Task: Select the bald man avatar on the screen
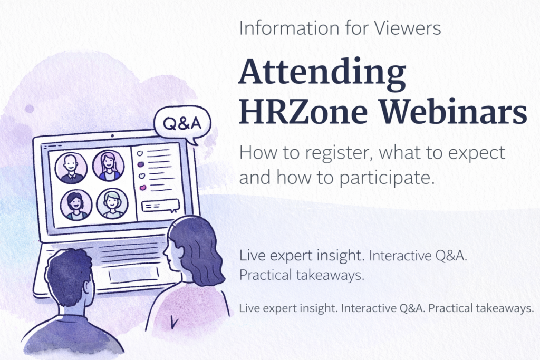pyautogui.click(x=70, y=168)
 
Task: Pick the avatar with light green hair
pyautogui.click(x=112, y=203)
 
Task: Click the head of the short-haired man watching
pyautogui.click(x=69, y=277)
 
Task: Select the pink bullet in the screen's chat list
pyautogui.click(x=142, y=187)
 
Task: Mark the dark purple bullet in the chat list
pyautogui.click(x=140, y=164)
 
